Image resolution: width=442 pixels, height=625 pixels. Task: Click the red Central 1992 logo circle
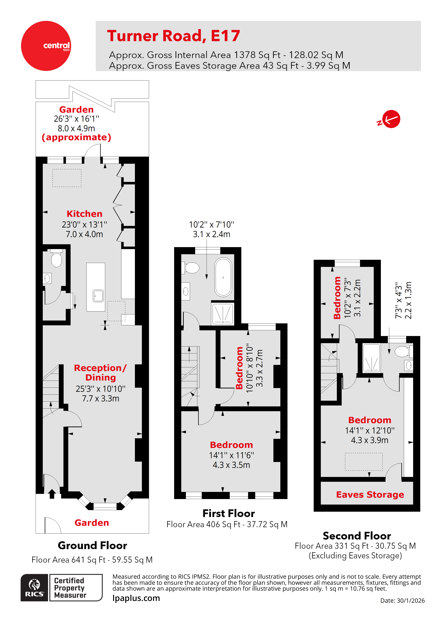[46, 46]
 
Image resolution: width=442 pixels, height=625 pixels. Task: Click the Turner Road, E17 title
[173, 36]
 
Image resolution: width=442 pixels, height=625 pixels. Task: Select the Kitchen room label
[84, 214]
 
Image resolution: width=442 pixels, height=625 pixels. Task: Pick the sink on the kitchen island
[98, 296]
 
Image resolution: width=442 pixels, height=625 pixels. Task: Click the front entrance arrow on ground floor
[52, 493]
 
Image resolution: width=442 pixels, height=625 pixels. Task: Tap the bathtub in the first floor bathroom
[223, 277]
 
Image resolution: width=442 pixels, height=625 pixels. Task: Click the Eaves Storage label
[370, 494]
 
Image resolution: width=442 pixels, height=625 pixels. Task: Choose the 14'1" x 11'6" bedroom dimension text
[231, 455]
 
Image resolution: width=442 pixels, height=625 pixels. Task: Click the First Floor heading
[228, 513]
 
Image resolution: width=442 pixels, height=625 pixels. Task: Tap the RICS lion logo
[34, 587]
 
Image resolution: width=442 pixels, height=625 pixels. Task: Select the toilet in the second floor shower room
[402, 351]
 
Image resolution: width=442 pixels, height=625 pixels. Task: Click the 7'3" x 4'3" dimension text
[399, 301]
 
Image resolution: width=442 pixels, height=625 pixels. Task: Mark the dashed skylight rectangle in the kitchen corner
[67, 178]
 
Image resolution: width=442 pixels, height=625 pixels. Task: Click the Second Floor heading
[356, 536]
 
